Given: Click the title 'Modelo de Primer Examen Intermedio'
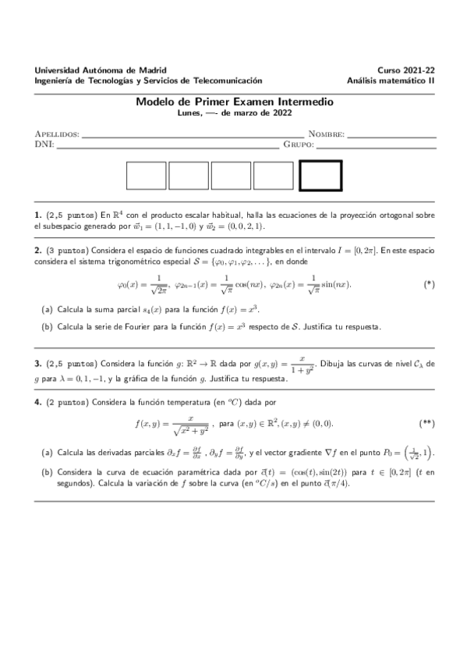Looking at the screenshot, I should pos(234,101).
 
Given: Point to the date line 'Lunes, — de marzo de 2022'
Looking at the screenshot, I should pos(234,112).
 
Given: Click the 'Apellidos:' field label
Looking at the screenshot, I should pos(58,134).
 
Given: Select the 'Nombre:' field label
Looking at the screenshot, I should pos(326,134).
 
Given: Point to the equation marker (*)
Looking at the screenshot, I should pos(428,284).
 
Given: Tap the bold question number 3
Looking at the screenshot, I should pos(37,364).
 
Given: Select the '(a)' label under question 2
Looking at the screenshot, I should pos(47,310).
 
